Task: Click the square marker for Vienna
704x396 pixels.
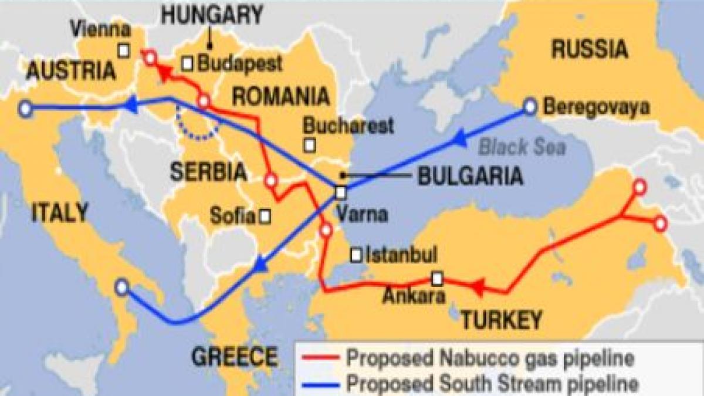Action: point(124,51)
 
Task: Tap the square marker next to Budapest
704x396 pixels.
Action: point(188,63)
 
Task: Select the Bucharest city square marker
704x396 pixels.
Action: point(309,144)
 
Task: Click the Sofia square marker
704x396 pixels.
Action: point(265,216)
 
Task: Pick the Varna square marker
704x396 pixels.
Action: point(341,192)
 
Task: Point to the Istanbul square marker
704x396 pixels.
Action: point(356,255)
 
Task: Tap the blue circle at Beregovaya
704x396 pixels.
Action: point(530,107)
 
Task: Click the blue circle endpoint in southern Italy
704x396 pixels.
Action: point(121,287)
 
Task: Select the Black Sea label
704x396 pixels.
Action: point(522,147)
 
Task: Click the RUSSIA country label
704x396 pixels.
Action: point(590,50)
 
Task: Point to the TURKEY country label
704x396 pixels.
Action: point(500,320)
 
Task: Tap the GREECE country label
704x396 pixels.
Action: point(235,356)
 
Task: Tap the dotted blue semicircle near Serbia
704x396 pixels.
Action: point(197,130)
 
